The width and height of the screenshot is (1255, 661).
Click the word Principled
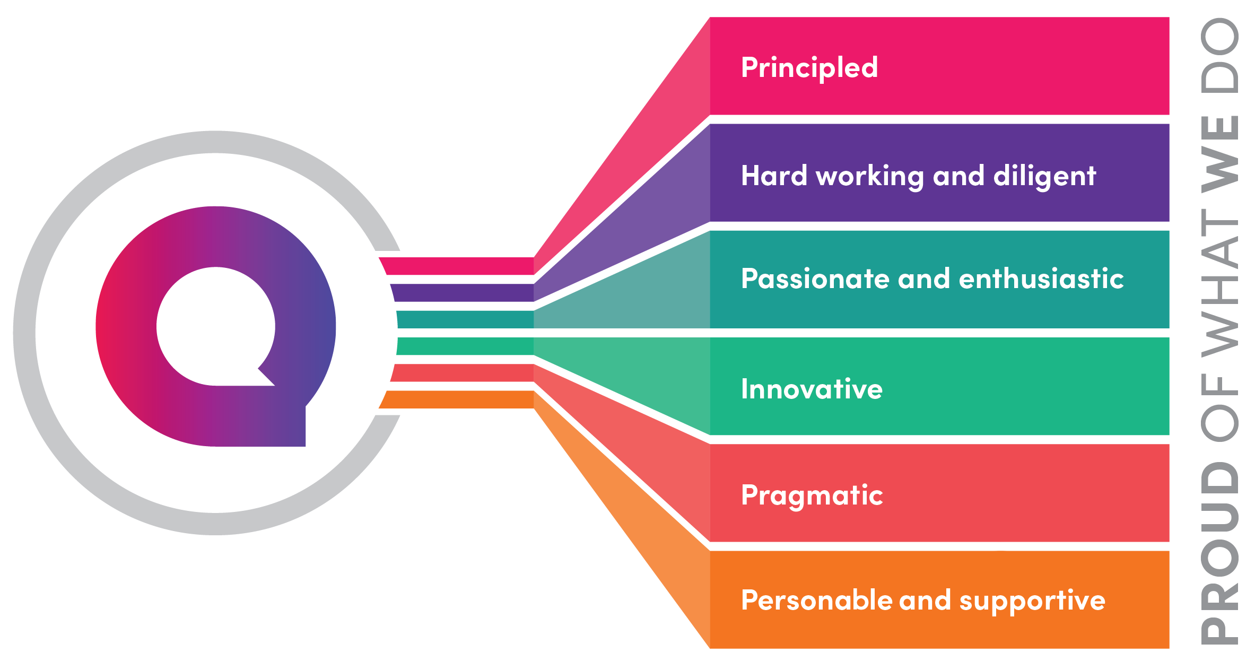809,68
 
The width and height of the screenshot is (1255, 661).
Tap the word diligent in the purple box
1044,176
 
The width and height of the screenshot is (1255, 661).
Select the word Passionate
815,279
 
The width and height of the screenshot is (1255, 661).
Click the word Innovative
812,389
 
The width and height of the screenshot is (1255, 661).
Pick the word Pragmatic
812,496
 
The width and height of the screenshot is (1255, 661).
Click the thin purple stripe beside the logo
461,293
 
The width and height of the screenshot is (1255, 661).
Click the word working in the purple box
870,176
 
